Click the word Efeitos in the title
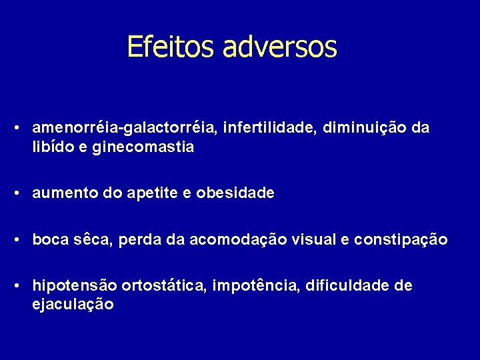171,47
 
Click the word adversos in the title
280,47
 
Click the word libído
50,147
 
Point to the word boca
49,239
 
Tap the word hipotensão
75,286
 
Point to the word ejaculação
73,305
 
